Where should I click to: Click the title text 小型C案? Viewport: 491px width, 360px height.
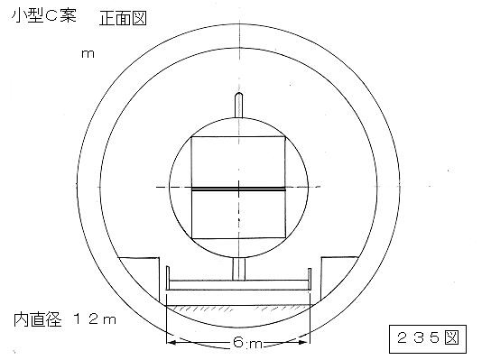[x=44, y=15]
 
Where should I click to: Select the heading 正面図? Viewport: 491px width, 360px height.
[x=123, y=18]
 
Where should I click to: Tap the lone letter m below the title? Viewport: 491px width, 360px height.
[x=88, y=54]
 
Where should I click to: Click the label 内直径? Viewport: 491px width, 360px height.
[x=38, y=319]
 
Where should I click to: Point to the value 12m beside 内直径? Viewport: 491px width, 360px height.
[x=95, y=319]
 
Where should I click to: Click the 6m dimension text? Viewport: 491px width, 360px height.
[x=247, y=343]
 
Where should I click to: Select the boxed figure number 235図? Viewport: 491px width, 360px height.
[x=428, y=339]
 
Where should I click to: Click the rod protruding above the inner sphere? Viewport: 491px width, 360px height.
[x=238, y=105]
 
